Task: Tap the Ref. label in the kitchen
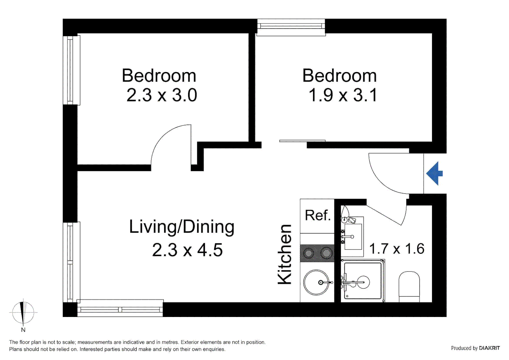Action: (317, 215)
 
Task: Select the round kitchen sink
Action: (316, 282)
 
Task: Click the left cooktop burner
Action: (309, 253)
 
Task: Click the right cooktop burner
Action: (326, 253)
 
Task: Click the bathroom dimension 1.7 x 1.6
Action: (396, 249)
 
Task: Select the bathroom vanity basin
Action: (353, 237)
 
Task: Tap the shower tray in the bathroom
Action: (362, 281)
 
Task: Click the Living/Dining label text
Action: (182, 227)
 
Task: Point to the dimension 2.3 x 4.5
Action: (187, 250)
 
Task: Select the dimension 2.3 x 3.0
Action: (162, 95)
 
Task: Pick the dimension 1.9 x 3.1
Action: (342, 95)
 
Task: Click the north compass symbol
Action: (23, 313)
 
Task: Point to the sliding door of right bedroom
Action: (302, 141)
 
